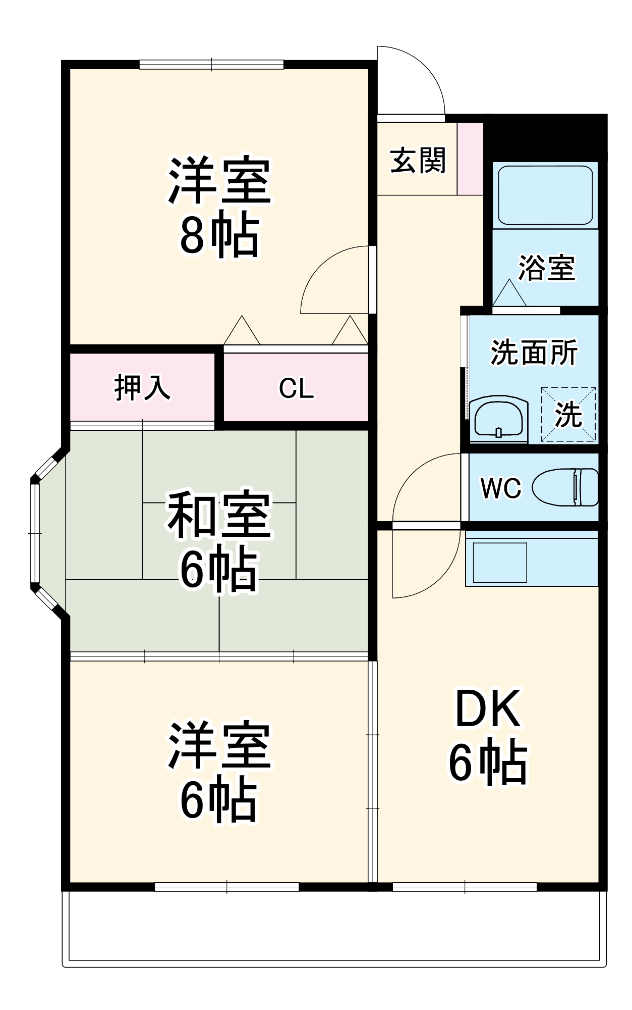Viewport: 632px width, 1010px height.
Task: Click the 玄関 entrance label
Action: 418,161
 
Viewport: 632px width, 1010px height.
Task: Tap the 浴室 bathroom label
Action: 547,268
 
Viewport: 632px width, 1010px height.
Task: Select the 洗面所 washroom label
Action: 534,352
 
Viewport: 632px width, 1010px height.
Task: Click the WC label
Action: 501,488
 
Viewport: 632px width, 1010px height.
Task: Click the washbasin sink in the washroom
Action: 498,418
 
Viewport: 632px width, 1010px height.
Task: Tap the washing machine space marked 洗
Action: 568,415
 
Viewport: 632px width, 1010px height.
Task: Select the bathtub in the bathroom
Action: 545,195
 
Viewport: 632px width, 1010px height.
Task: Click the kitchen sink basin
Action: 499,562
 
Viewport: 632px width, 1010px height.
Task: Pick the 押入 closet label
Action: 142,387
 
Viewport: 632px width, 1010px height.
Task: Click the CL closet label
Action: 296,388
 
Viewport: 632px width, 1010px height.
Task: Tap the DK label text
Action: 488,710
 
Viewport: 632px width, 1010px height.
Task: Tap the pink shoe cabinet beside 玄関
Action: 470,159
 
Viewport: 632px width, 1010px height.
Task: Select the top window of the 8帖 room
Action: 211,64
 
